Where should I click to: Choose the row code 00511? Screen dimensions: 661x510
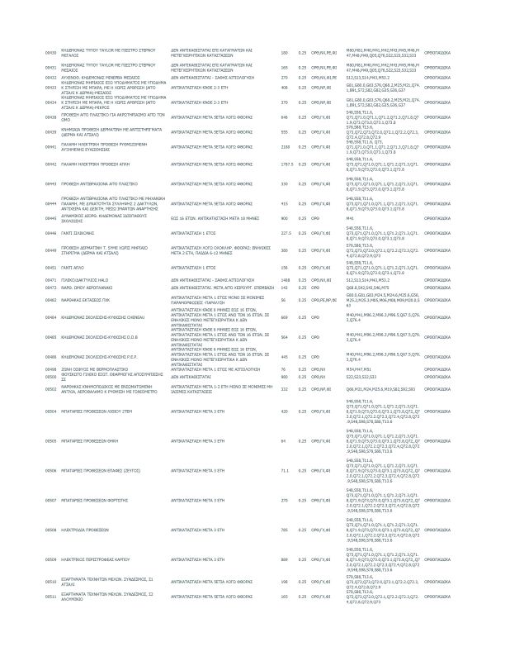pos(50,596)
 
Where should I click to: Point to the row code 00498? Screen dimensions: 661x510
pos(50,369)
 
